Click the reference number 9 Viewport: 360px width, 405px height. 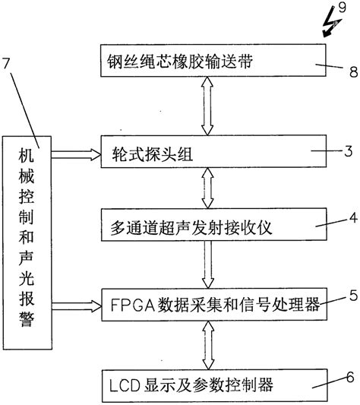(x=343, y=8)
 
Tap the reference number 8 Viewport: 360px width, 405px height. (x=353, y=71)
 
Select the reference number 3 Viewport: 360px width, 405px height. (x=349, y=151)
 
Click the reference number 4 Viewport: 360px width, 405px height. (x=353, y=218)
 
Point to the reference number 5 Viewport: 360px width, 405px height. (x=353, y=296)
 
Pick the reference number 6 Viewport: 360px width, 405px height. (x=350, y=378)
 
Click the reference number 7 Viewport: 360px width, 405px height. (x=6, y=64)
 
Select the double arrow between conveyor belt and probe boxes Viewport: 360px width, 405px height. (x=207, y=106)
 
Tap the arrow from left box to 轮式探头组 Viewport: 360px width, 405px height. (x=76, y=154)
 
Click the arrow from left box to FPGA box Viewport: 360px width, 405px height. (x=77, y=306)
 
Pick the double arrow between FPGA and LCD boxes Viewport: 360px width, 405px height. (x=208, y=345)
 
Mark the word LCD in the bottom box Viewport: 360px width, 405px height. (x=125, y=386)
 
